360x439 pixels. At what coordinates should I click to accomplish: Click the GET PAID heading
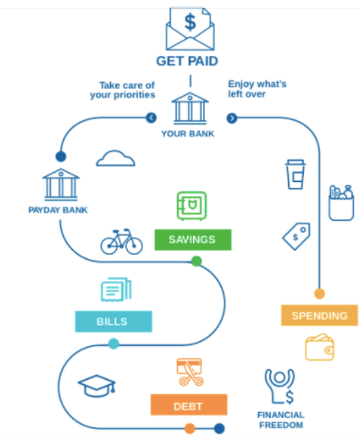click(x=187, y=61)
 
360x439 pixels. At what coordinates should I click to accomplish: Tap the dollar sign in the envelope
click(x=190, y=22)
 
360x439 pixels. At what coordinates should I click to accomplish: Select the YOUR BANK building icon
click(x=190, y=108)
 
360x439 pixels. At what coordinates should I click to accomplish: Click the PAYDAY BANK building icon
click(x=61, y=184)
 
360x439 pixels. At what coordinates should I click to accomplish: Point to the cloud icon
click(x=115, y=159)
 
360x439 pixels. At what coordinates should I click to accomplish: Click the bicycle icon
click(x=121, y=241)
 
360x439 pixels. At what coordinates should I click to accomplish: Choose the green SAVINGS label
click(x=193, y=239)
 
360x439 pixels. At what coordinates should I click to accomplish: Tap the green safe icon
click(x=192, y=205)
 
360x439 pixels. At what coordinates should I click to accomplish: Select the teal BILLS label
click(x=113, y=322)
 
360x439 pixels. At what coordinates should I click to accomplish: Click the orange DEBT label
click(x=189, y=404)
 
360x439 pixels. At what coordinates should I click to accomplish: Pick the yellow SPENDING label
click(x=320, y=315)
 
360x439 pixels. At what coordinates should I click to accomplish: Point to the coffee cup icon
click(x=295, y=174)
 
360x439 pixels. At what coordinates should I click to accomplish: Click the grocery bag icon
click(x=341, y=203)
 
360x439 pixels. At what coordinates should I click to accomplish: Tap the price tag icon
click(x=297, y=236)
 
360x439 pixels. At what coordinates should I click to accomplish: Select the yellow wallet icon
click(x=320, y=347)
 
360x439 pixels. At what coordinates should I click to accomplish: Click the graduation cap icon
click(x=97, y=386)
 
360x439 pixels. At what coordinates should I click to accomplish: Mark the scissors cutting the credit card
click(x=190, y=372)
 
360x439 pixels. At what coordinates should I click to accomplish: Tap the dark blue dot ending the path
click(x=220, y=429)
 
